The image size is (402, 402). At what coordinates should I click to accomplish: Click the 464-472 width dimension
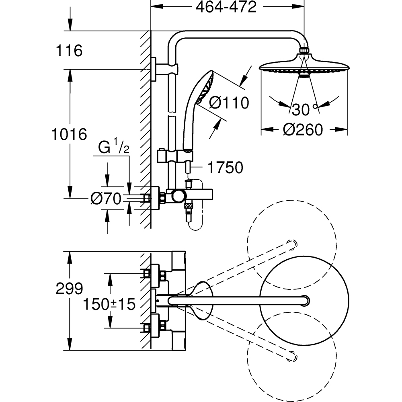coord(226,7)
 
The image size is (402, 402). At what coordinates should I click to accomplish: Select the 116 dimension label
coord(69,51)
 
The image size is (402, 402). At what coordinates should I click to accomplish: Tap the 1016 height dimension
coord(69,134)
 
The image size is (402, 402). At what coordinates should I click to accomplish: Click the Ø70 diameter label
coord(106,199)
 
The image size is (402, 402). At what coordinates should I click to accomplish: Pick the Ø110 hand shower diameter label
coord(230,103)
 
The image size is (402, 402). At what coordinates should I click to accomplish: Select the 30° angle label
coord(304,109)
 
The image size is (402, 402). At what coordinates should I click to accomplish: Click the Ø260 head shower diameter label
coord(303,130)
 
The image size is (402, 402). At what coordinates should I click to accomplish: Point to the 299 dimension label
coord(69,288)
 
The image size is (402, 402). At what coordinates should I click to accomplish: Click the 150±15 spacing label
coord(109,304)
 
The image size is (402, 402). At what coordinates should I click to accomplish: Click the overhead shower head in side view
coord(304,67)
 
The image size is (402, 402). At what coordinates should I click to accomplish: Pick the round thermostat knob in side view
coord(178,197)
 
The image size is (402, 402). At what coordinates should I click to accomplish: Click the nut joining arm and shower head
coord(304,51)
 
